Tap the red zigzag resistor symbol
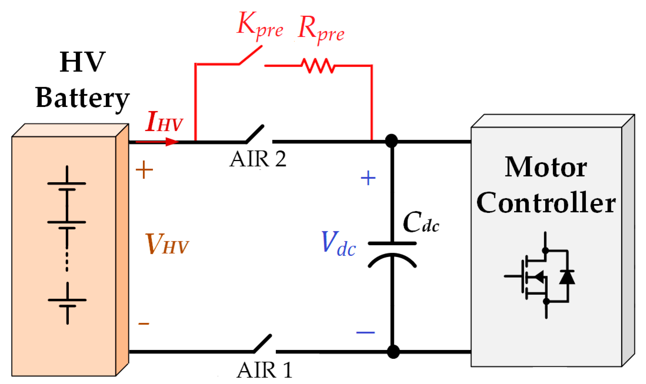[318, 66]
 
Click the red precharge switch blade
[251, 55]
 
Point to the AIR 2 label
[258, 159]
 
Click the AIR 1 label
[264, 370]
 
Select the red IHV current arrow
[157, 142]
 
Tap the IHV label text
[164, 122]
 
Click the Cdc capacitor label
[421, 223]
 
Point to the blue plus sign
[368, 178]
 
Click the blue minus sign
[365, 332]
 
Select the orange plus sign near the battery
[144, 169]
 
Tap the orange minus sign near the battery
[143, 324]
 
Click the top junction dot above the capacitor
[391, 141]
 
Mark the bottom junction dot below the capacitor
[393, 352]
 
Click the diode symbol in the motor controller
[567, 277]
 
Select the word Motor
[546, 168]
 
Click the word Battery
[82, 98]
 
